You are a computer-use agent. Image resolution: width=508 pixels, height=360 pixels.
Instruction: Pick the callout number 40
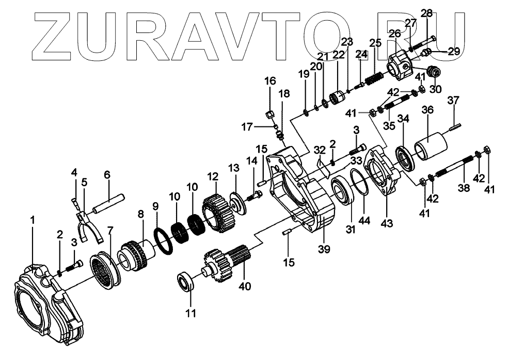pos(245,286)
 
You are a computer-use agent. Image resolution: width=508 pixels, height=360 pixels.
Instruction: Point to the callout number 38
pos(464,188)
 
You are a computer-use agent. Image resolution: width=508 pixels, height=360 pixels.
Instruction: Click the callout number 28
pos(426,13)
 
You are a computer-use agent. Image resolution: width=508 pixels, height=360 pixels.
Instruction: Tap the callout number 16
pos(271,81)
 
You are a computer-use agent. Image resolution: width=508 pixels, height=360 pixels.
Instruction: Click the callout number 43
pos(386,223)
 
